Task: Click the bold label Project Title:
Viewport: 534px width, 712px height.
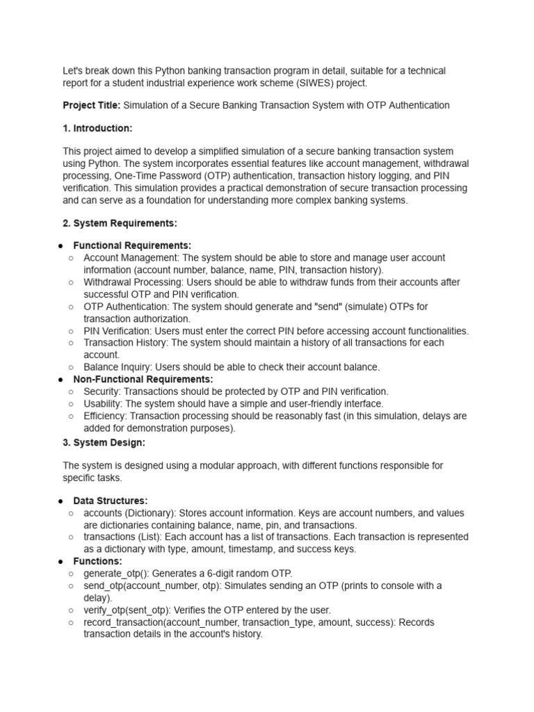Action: [x=92, y=106]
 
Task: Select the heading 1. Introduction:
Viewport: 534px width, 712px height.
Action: [x=97, y=129]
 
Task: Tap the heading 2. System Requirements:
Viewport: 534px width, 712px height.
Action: [x=120, y=223]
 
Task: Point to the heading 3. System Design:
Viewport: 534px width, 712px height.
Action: [x=104, y=442]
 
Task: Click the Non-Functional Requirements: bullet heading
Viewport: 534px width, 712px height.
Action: [x=143, y=380]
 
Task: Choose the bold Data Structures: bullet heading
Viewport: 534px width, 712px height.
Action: [x=110, y=501]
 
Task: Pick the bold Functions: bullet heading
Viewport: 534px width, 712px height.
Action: [x=97, y=561]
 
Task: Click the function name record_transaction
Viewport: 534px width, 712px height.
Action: [x=124, y=622]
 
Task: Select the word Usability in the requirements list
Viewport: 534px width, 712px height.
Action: [x=104, y=403]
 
